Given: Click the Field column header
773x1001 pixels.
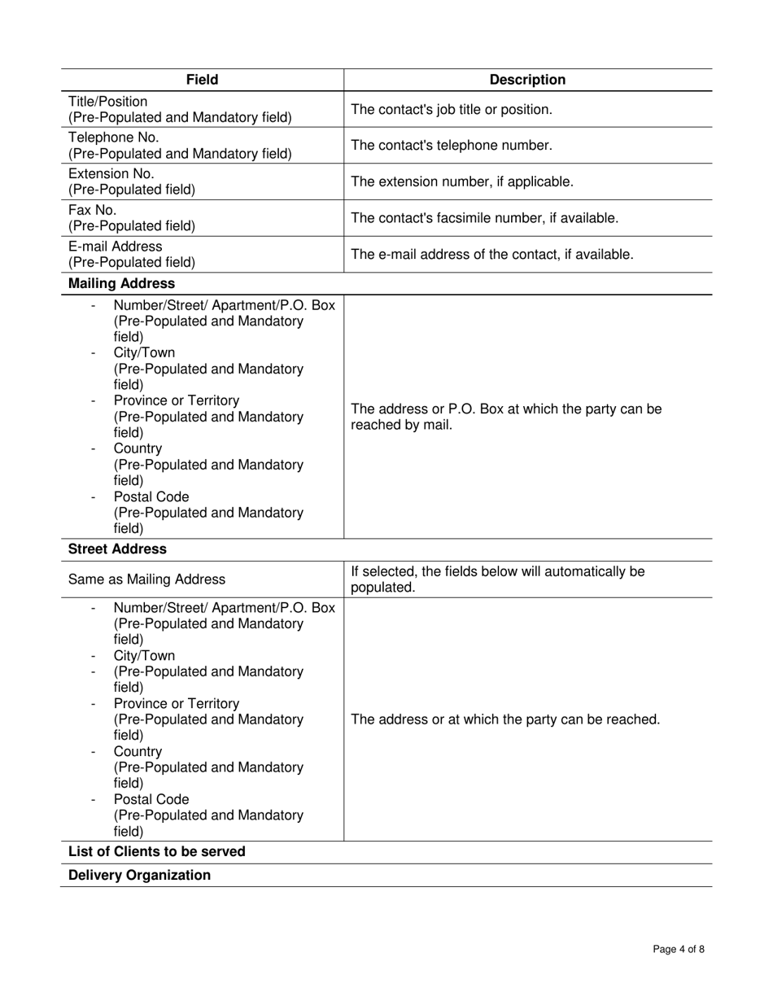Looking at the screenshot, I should click(202, 80).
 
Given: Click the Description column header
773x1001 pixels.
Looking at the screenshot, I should click(527, 80).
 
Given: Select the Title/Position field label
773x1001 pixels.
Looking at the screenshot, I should click(108, 102).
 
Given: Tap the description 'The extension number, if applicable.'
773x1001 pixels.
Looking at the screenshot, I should click(462, 181).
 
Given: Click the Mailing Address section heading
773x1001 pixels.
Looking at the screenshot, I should click(121, 283).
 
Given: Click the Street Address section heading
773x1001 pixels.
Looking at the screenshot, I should click(117, 549).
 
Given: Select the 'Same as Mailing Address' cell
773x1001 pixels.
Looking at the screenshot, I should click(146, 579).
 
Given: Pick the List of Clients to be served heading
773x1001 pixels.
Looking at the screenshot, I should click(156, 852).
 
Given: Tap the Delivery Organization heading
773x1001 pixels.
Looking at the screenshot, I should click(139, 876).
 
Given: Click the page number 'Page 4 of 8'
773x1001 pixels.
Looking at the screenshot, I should click(679, 949).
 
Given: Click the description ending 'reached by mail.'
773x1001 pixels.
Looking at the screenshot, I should click(506, 417).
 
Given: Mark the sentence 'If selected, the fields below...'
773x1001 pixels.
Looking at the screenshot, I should click(498, 579).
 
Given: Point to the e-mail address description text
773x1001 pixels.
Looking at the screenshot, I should click(492, 255).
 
